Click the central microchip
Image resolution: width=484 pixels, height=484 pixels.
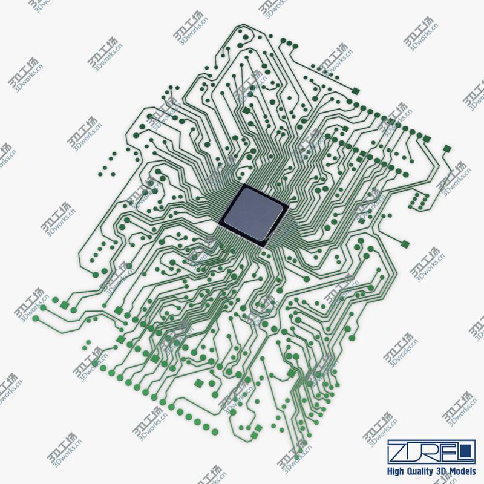[x=254, y=215]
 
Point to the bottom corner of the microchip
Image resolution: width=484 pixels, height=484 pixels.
[x=263, y=245]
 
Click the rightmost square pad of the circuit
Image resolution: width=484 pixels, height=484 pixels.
[x=447, y=148]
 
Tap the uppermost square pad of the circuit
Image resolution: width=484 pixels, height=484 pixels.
[x=356, y=91]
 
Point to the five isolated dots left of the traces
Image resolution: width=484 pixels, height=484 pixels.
[x=108, y=163]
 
